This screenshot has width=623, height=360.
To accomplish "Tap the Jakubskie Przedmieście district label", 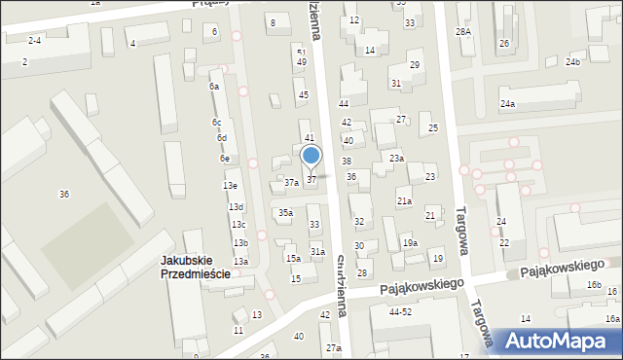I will pyautogui.click(x=196, y=267).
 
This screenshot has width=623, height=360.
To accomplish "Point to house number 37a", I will pyautogui.click(x=291, y=183).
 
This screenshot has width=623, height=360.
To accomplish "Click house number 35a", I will pyautogui.click(x=285, y=212).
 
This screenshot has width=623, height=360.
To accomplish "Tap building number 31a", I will pyautogui.click(x=317, y=251).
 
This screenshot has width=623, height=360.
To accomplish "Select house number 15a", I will pyautogui.click(x=292, y=259).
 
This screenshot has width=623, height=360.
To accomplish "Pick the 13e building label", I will pyautogui.click(x=230, y=185).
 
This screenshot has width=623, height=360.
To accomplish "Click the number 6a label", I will pyautogui.click(x=213, y=86).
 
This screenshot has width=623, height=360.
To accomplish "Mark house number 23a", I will pyautogui.click(x=396, y=158).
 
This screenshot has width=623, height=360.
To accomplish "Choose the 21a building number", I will pyautogui.click(x=404, y=201).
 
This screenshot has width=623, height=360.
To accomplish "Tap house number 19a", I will pyautogui.click(x=410, y=243).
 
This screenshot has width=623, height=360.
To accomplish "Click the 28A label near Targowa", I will pyautogui.click(x=463, y=32).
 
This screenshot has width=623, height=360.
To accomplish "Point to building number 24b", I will pyautogui.click(x=572, y=62).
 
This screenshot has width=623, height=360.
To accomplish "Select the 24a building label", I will pyautogui.click(x=507, y=104).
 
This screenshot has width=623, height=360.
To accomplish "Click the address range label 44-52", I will pyautogui.click(x=400, y=312).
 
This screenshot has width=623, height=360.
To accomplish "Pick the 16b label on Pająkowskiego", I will pyautogui.click(x=594, y=285).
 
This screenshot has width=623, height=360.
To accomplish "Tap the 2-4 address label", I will pyautogui.click(x=34, y=40).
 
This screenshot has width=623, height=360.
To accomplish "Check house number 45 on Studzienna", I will pyautogui.click(x=304, y=94).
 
